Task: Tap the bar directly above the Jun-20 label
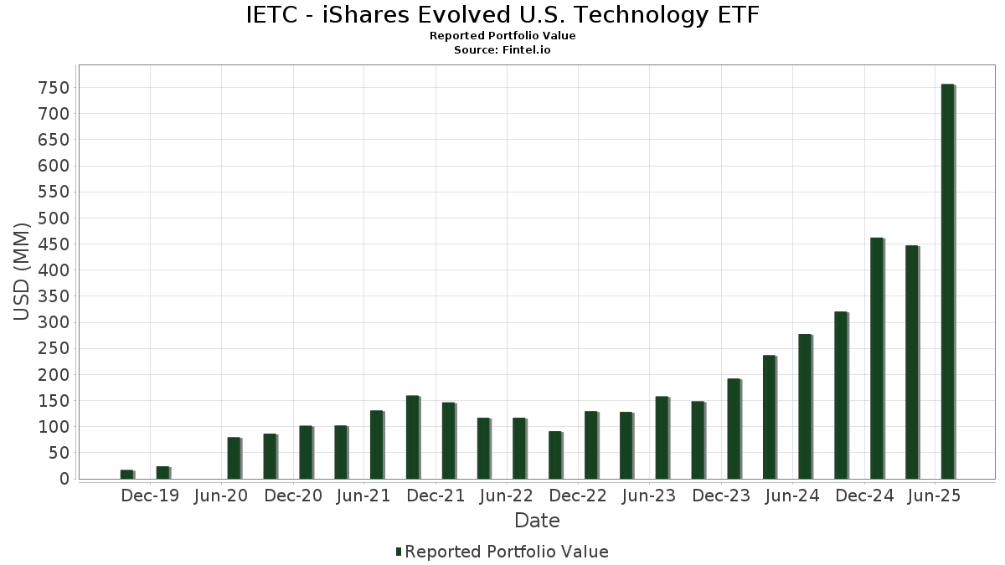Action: (234, 458)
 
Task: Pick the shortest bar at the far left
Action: (126, 475)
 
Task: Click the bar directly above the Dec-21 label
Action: (412, 437)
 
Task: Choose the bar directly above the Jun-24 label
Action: (805, 406)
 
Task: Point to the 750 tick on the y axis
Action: (54, 88)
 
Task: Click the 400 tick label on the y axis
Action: (54, 270)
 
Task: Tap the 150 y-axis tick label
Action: (54, 401)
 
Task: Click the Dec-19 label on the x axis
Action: (150, 496)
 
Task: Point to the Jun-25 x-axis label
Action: (935, 496)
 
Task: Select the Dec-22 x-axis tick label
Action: (578, 496)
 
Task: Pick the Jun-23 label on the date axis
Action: (650, 496)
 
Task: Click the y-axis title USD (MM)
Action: (22, 270)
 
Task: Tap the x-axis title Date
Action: (537, 521)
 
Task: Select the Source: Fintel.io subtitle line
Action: (502, 50)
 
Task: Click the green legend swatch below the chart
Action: (399, 552)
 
